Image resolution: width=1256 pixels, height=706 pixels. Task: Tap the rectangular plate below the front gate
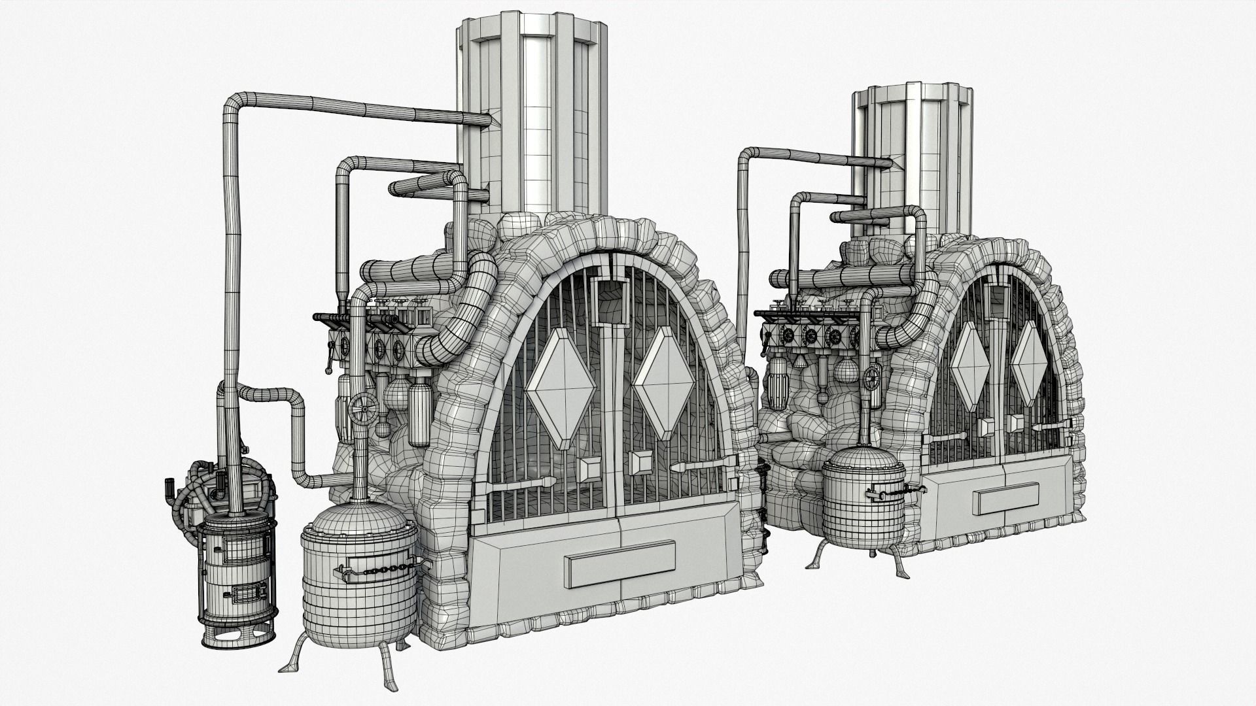620,563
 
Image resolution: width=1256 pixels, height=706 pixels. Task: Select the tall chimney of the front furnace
533,111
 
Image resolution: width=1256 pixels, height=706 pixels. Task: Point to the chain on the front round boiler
377,572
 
